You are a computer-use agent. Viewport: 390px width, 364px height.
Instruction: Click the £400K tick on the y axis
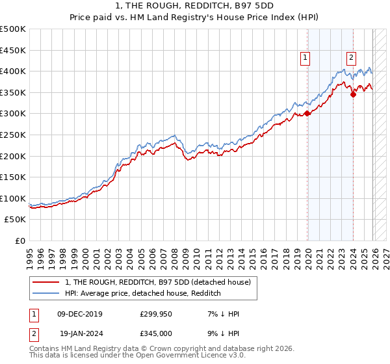(x=13, y=71)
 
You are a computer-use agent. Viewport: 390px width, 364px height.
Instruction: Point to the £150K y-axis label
(x=13, y=177)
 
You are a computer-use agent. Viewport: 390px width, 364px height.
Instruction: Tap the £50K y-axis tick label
(x=16, y=220)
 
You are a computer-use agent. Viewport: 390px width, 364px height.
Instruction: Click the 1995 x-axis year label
(x=30, y=254)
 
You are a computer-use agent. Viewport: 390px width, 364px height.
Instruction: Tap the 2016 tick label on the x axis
(x=262, y=254)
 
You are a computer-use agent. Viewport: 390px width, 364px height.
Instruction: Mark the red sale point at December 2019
(x=307, y=113)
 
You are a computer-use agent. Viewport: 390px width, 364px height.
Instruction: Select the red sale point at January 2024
(x=353, y=94)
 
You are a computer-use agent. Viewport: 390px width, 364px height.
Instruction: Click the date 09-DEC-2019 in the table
(x=80, y=314)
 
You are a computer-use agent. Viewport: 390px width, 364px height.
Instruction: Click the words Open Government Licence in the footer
(x=181, y=356)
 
